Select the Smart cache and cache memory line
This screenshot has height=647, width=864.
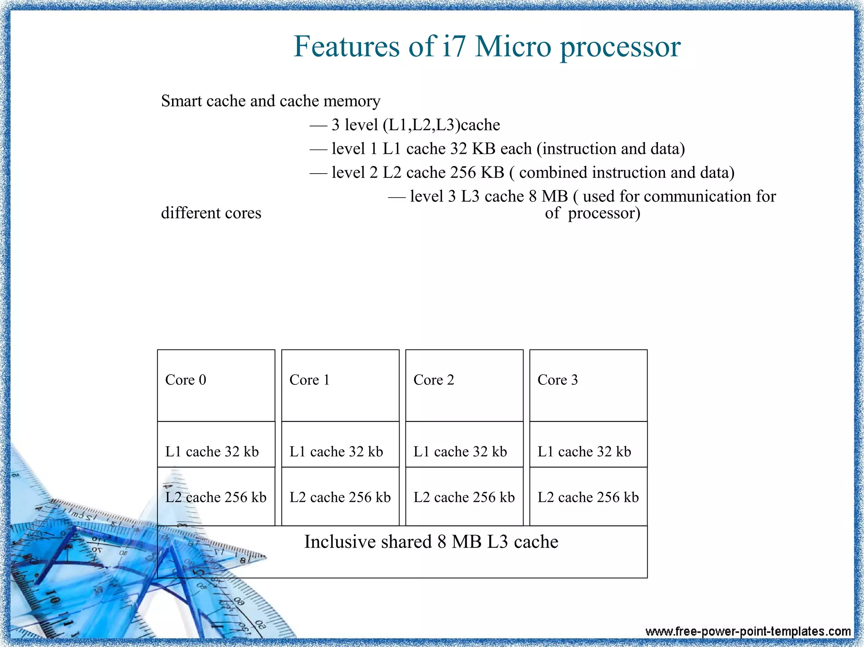tap(270, 101)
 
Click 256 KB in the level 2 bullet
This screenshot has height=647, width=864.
tap(477, 173)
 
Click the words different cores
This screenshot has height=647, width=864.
tap(211, 213)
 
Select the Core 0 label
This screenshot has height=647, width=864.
tap(186, 380)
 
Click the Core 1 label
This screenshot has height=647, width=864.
tap(309, 380)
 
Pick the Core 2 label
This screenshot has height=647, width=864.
tap(434, 380)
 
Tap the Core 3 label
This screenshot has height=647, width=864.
tap(557, 380)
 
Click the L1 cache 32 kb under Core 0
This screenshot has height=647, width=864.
tap(212, 452)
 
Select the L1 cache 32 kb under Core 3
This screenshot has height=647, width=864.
tap(584, 452)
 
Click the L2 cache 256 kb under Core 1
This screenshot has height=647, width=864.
tap(340, 497)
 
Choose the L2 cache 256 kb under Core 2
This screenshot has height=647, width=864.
tap(464, 497)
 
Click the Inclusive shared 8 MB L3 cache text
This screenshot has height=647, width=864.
tap(431, 542)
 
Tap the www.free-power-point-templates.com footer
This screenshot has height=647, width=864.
tap(748, 631)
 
